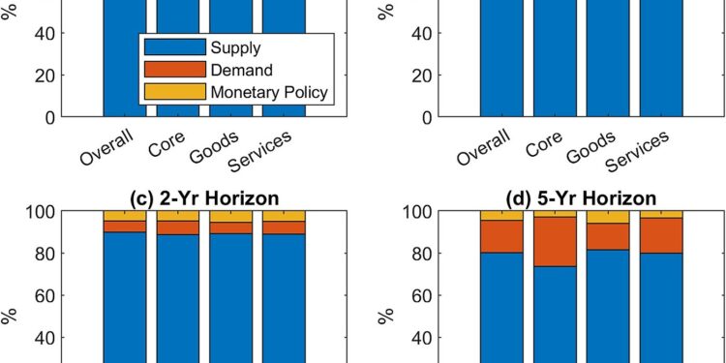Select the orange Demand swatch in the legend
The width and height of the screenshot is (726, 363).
(174, 69)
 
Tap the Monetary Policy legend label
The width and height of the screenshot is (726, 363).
(270, 92)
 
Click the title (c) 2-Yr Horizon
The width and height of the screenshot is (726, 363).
(204, 198)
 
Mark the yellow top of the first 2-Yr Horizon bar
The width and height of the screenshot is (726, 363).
(125, 215)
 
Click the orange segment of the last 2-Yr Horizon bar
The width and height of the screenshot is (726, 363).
(284, 227)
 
